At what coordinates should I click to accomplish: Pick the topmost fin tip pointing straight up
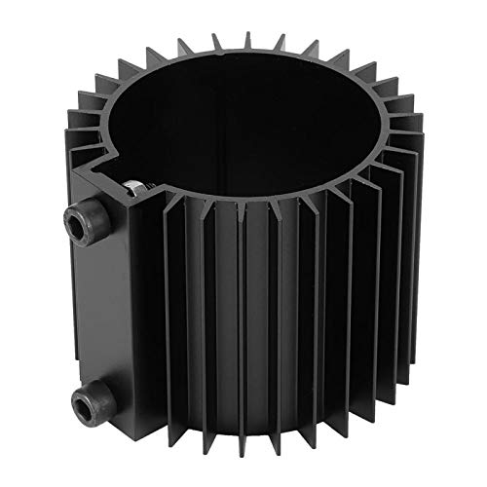click(x=246, y=37)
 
